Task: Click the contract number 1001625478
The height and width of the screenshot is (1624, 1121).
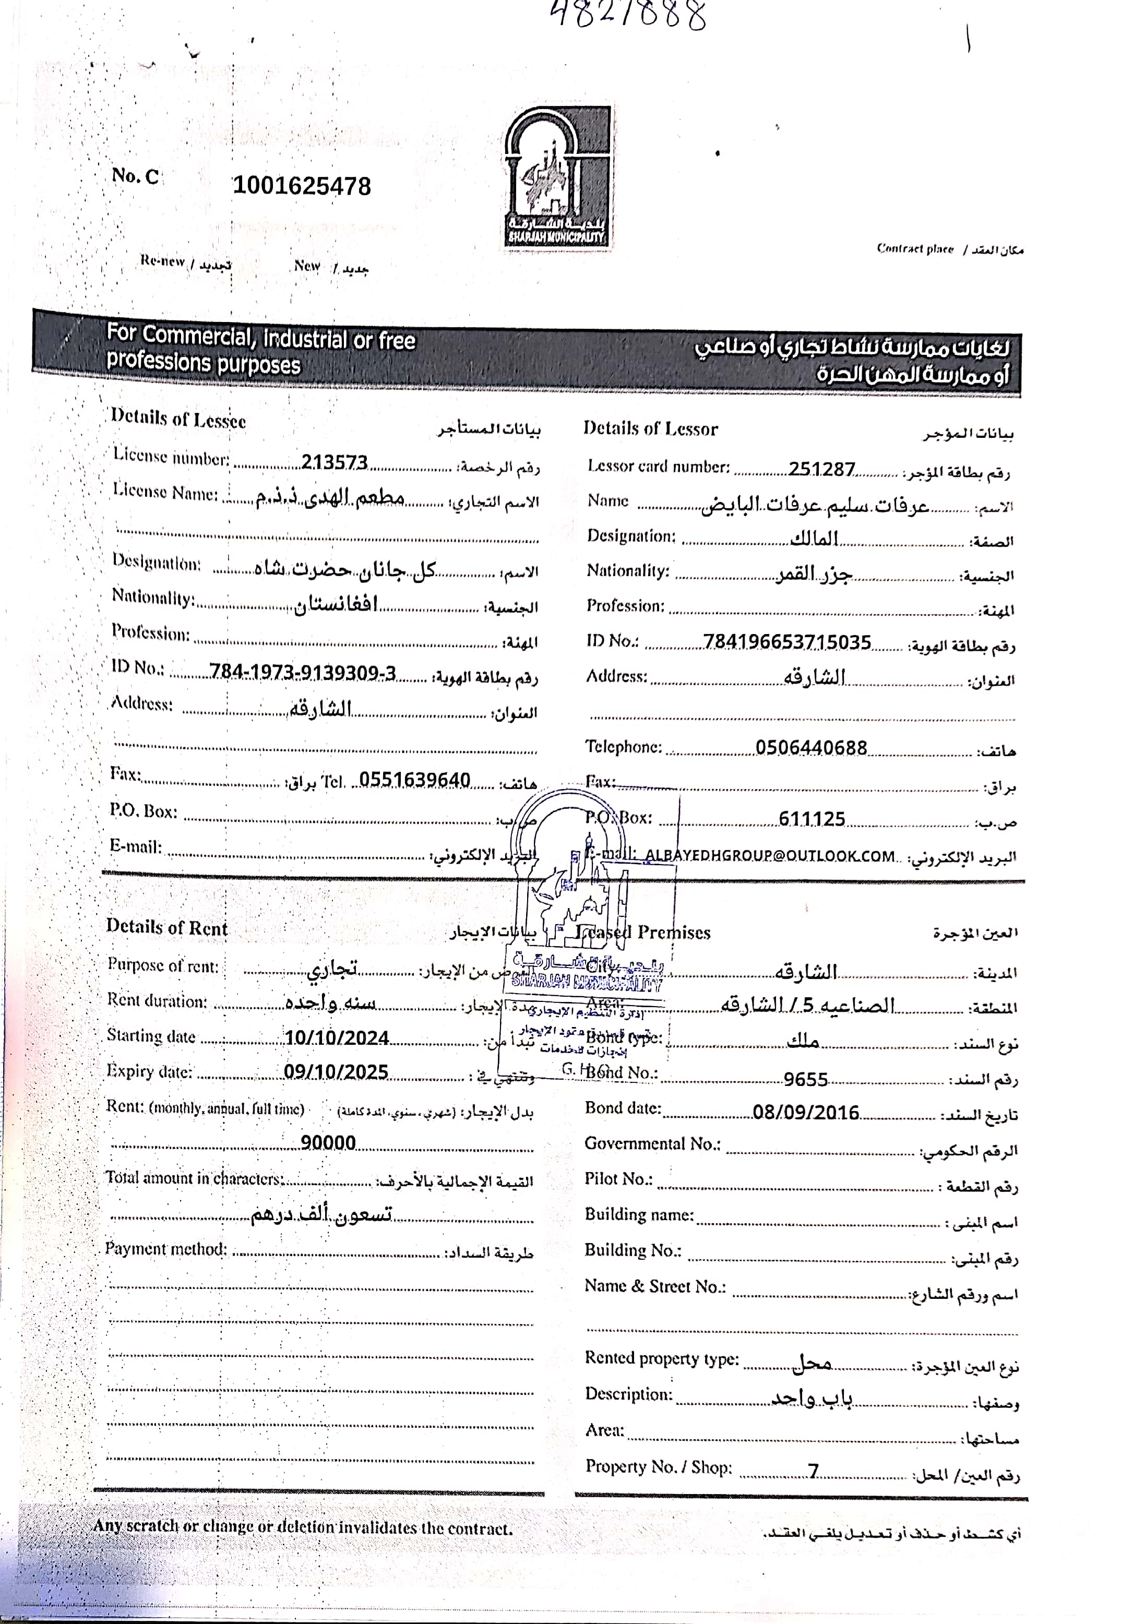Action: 302,186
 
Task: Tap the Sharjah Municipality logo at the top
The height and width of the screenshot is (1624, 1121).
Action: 557,176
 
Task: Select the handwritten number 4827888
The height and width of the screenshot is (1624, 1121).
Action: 627,14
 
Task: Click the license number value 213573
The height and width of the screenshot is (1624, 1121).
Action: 335,463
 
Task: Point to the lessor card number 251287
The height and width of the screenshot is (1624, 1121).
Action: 821,469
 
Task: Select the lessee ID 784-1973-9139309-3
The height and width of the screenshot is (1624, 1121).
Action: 303,674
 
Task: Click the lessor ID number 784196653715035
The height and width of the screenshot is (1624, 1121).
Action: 786,642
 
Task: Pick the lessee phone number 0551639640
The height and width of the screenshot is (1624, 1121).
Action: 415,780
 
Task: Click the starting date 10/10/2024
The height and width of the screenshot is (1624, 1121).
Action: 337,1037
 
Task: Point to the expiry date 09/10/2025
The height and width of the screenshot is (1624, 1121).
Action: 336,1072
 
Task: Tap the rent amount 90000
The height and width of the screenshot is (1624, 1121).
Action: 328,1142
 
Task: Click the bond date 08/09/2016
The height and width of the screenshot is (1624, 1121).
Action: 806,1113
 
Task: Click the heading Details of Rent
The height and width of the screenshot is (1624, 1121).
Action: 167,928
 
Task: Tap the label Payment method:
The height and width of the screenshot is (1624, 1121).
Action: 166,1248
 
